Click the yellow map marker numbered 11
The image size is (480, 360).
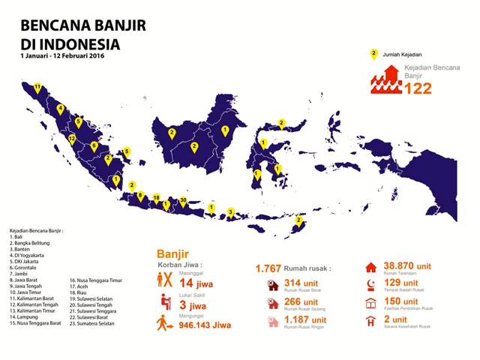37,88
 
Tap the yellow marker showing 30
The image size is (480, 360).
184,201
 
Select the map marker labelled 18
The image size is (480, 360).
156,198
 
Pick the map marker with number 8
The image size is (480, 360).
139,196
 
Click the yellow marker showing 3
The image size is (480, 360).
231,211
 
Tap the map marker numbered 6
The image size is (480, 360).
94,145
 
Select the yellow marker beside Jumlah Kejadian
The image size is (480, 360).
373,54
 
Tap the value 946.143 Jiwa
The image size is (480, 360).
205,326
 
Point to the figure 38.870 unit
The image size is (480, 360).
407,266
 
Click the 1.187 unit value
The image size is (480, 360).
307,319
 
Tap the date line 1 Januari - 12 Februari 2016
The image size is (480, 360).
63,55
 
